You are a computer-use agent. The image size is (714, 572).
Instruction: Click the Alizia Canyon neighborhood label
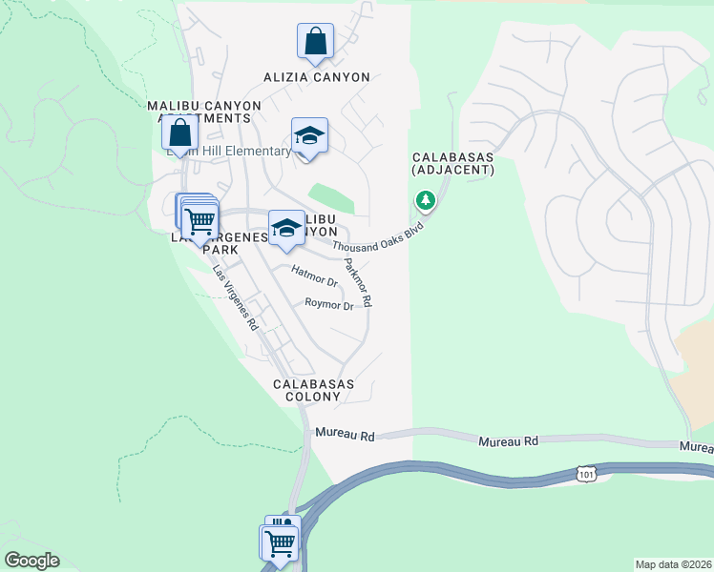pos(316,77)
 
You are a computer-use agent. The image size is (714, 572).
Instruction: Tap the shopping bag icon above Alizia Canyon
pos(315,41)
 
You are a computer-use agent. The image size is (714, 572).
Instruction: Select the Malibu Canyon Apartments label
pos(199,112)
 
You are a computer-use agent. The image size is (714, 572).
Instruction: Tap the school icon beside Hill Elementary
pos(309,136)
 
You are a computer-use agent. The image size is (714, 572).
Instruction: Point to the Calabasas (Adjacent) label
pos(453,163)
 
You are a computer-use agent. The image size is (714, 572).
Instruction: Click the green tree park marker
pos(425,200)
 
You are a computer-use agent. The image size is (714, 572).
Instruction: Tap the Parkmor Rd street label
pos(358,281)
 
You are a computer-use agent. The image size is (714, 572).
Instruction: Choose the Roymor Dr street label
pos(329,305)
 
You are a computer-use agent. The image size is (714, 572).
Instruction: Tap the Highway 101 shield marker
pos(586,473)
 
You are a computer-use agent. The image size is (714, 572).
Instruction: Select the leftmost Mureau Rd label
pos(345,434)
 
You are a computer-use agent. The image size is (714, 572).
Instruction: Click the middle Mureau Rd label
pos(508,441)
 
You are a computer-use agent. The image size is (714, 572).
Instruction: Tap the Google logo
pos(31,561)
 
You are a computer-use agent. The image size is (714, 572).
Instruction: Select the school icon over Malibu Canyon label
pos(286,228)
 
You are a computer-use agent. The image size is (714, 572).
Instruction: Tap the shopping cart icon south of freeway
pos(279,543)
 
